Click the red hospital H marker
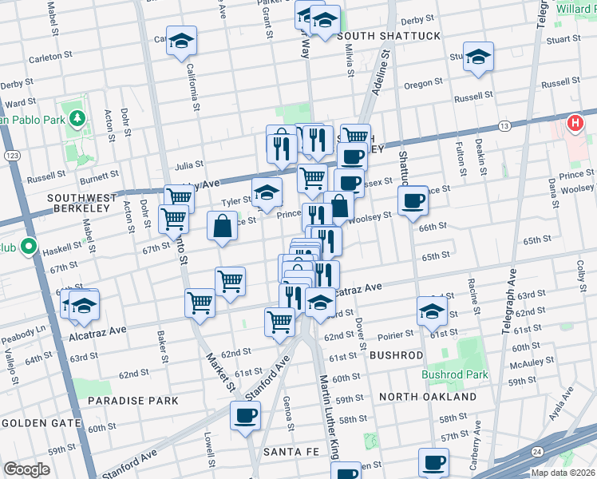tap(575, 124)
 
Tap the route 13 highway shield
tap(504, 126)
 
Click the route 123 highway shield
tap(10, 155)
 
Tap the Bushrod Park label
tap(453, 374)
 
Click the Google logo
tap(26, 469)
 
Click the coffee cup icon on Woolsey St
tap(413, 200)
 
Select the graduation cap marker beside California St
tap(182, 41)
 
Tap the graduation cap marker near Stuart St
tap(478, 57)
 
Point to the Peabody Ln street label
tap(24, 328)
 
